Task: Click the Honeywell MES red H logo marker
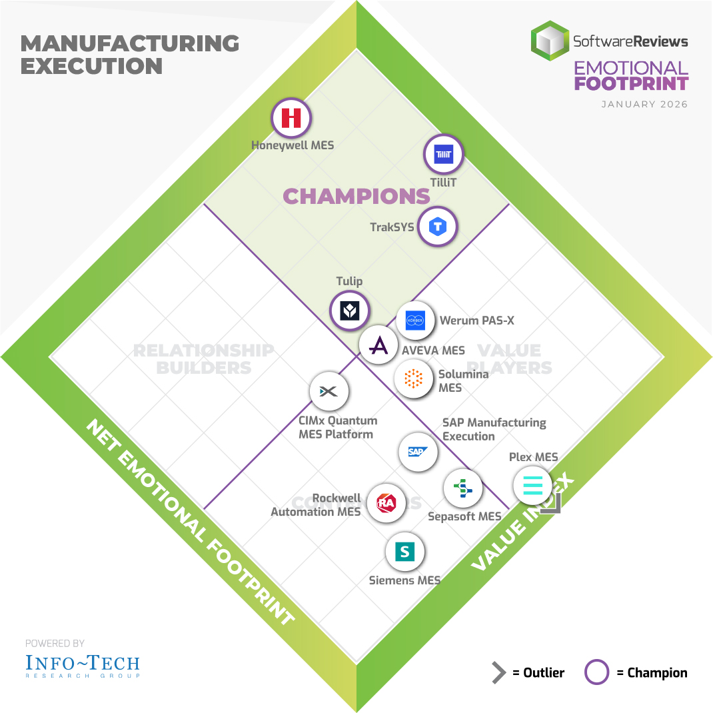point(291,118)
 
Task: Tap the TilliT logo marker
point(443,154)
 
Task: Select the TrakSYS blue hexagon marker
point(437,227)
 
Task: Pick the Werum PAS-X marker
point(415,321)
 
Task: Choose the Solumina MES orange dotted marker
point(414,378)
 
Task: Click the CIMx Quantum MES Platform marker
point(329,391)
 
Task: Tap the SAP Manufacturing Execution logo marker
point(418,452)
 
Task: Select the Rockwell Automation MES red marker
point(386,503)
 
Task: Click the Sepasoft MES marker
point(463,489)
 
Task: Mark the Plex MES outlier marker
point(533,485)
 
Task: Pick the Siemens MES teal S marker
point(405,551)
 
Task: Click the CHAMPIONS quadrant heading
point(356,196)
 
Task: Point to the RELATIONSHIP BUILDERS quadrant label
point(203,358)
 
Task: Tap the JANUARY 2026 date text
point(644,105)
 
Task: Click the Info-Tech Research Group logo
point(83,665)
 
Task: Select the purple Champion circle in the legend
point(596,673)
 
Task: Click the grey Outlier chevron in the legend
point(498,673)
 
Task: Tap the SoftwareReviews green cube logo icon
point(549,41)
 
